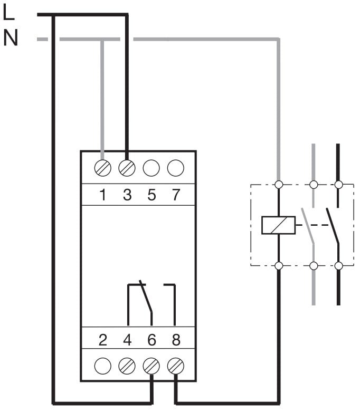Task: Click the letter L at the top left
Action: [8, 13]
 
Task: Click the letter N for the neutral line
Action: [10, 37]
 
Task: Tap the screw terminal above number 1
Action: [102, 168]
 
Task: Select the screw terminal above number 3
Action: [127, 168]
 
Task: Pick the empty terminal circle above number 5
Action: [151, 168]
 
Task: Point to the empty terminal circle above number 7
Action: [175, 168]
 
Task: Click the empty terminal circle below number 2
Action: [102, 365]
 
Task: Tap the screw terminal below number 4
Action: [127, 365]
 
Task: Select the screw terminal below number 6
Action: [151, 365]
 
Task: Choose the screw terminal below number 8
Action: [175, 365]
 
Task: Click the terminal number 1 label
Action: [103, 195]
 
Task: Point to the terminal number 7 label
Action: [176, 195]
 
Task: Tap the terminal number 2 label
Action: [103, 340]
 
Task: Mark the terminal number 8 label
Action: [176, 340]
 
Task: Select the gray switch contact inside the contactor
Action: [309, 225]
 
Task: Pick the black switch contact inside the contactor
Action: [333, 225]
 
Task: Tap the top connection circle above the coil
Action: [278, 185]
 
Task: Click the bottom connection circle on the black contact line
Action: [338, 265]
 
